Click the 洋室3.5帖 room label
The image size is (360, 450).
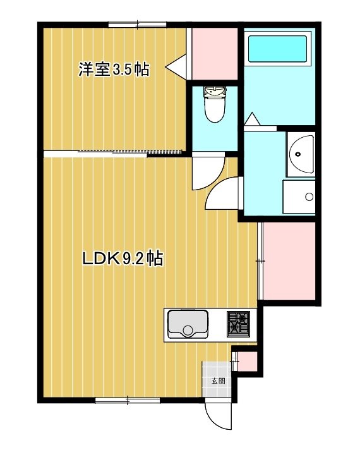(x=114, y=69)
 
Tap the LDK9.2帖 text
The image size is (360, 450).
(x=123, y=258)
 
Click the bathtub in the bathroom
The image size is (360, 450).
(x=278, y=48)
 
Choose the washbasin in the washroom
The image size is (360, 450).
(x=301, y=154)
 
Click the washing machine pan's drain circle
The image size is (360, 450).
(x=309, y=197)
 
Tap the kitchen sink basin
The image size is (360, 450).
(x=187, y=324)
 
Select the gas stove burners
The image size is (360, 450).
(x=239, y=322)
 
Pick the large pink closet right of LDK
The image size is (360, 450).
(x=288, y=261)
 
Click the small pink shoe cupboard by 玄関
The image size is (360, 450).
(x=246, y=360)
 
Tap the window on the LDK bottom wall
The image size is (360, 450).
(x=127, y=399)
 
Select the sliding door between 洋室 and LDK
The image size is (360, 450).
(x=129, y=152)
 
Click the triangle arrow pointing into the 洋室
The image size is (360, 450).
(x=176, y=65)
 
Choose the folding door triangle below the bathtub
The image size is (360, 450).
(x=251, y=119)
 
